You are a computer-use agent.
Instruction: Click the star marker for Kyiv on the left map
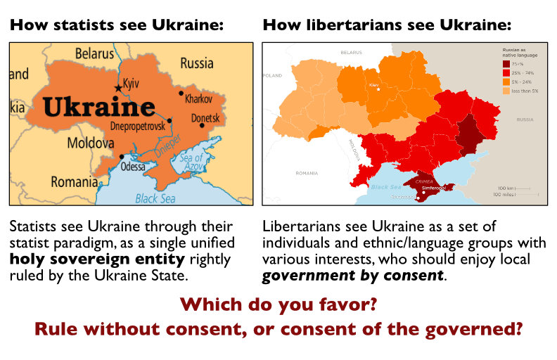coord(117,87)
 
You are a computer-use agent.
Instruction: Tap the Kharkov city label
coord(198,99)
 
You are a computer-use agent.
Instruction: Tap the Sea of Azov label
coord(192,162)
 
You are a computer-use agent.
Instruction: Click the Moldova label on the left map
coord(90,143)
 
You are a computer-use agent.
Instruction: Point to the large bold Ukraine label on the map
coord(98,107)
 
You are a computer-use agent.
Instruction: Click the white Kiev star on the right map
coord(378,90)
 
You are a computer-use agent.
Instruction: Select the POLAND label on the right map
coord(272,75)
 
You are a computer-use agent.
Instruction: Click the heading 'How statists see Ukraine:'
coord(117,26)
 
